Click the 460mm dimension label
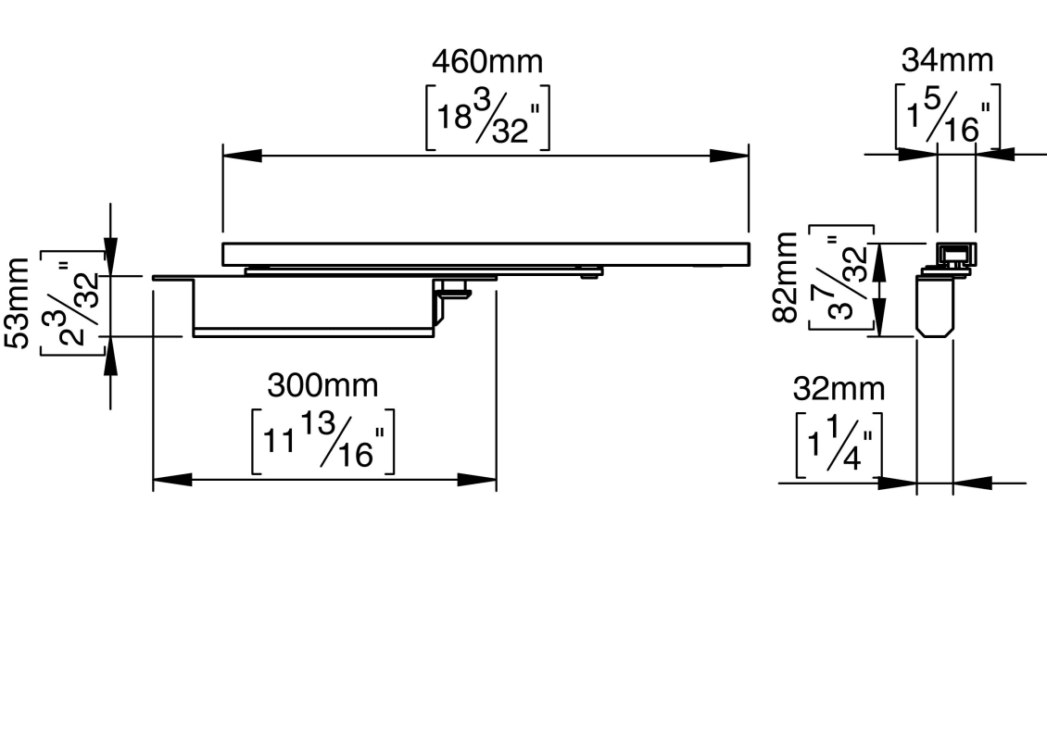click(487, 61)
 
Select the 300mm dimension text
click(322, 386)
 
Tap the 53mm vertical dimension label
click(18, 302)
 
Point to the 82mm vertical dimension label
click(786, 277)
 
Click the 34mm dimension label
click(948, 60)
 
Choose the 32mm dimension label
click(839, 388)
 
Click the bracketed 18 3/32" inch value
click(487, 118)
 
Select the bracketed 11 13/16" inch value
click(322, 442)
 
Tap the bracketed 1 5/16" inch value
click(948, 116)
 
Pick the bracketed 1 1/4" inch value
click(839, 446)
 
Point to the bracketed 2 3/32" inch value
click(73, 303)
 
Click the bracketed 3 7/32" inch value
click(841, 277)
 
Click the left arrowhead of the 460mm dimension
click(242, 157)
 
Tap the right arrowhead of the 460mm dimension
click(729, 157)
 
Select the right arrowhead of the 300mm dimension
click(477, 480)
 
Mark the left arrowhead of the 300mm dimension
click(172, 480)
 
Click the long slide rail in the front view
click(486, 255)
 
